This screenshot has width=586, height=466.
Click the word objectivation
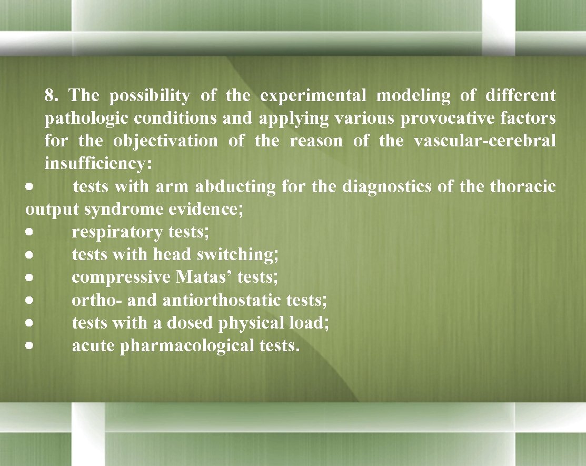[165, 141]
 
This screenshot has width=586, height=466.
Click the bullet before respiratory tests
[32, 232]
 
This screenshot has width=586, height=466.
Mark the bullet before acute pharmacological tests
[32, 346]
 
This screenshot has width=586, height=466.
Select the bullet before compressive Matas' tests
[32, 277]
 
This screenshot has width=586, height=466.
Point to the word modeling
[413, 96]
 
